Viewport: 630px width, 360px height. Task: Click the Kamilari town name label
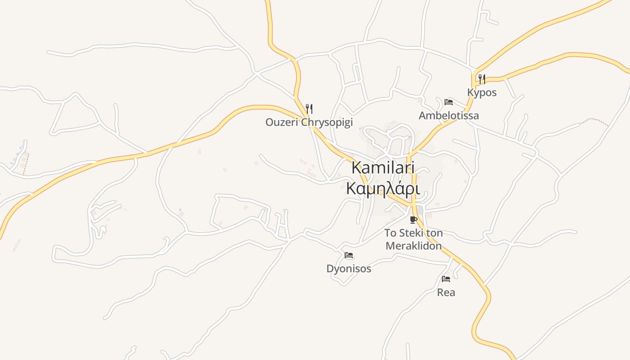[x=382, y=167]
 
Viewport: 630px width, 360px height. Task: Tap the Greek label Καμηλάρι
[x=382, y=189]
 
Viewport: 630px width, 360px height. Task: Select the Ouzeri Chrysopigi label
[x=309, y=122]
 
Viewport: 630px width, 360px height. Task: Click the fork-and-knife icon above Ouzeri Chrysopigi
[x=309, y=108]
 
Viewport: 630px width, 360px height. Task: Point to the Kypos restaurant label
[x=481, y=93]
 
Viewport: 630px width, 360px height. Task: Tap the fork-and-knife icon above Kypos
[x=481, y=79]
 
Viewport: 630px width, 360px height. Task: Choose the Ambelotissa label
[x=449, y=116]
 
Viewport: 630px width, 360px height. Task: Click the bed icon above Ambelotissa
[x=448, y=102]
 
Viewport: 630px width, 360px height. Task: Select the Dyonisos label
[x=349, y=269]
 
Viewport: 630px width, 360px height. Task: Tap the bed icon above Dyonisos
[x=349, y=255]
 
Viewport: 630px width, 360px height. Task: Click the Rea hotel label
[x=446, y=292]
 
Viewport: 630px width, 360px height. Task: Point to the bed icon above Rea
[x=446, y=279]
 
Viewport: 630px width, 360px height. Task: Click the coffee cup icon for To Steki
[x=414, y=220]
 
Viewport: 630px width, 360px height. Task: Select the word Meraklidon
[x=414, y=246]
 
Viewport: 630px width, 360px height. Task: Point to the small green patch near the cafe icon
[x=420, y=210]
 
